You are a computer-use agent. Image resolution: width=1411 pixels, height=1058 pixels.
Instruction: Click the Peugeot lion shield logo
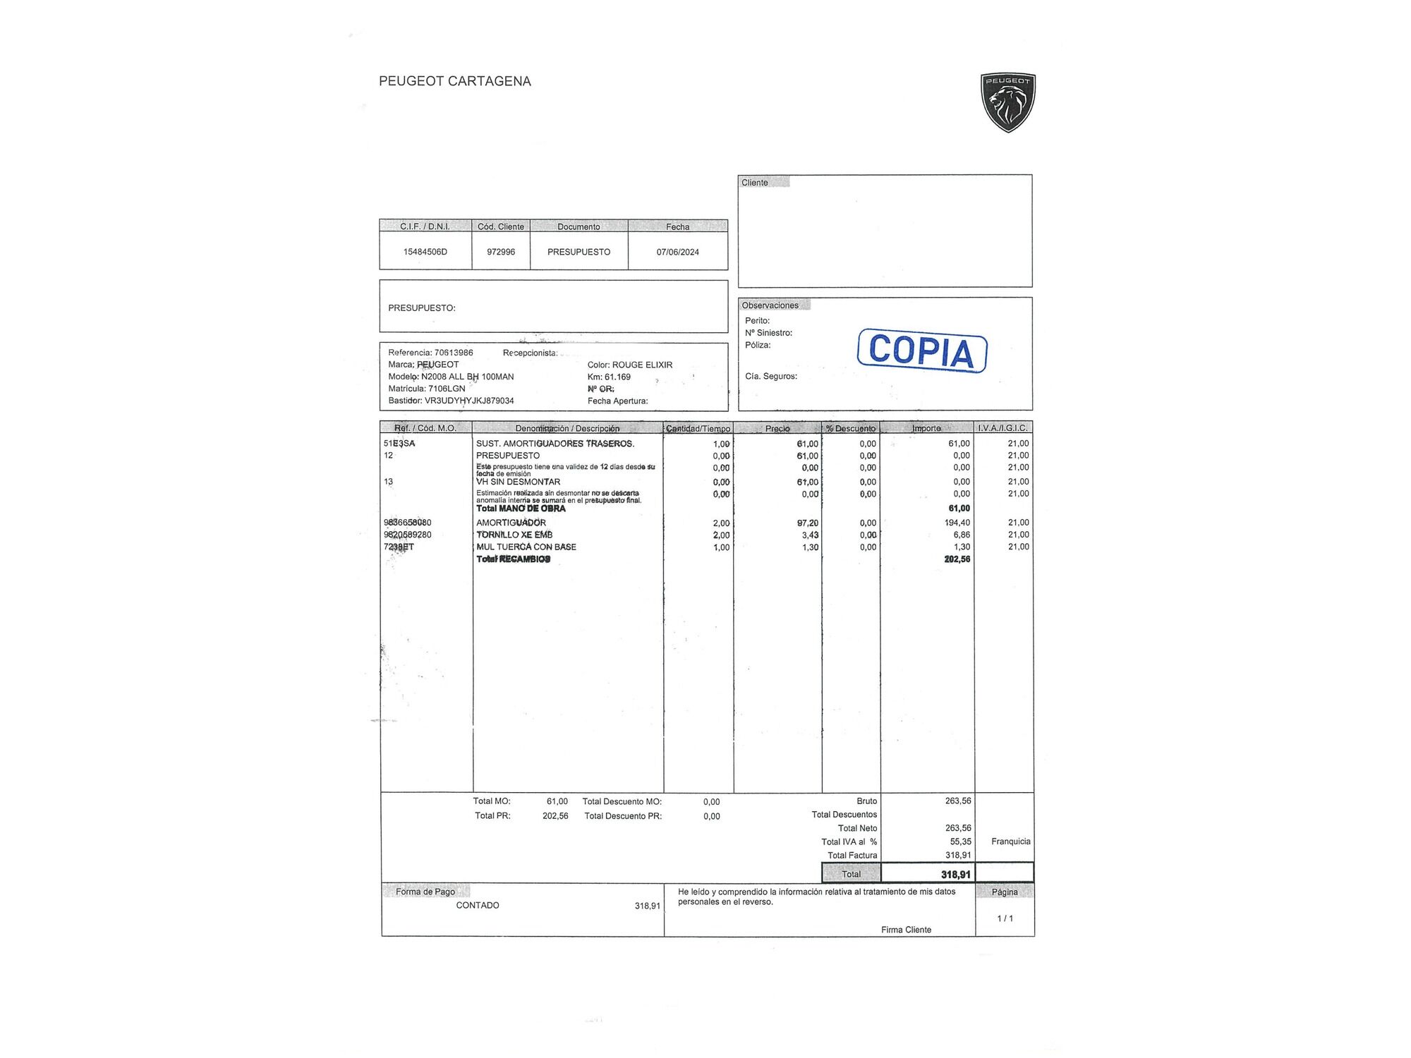1007,102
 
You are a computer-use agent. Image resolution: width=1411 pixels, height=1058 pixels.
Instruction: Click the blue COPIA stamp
922,351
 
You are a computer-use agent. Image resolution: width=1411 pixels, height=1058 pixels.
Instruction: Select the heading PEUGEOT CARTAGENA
454,81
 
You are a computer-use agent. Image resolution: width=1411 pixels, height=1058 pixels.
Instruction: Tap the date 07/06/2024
677,252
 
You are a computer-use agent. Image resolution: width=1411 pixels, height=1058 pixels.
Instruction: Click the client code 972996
501,252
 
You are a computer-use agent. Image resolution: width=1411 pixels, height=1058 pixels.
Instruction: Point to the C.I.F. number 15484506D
425,252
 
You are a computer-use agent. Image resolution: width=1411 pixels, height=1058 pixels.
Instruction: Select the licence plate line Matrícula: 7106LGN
427,389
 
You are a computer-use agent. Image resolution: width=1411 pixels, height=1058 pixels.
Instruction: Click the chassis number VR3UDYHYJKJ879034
469,401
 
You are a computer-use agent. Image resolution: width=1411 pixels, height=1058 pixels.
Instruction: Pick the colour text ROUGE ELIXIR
642,365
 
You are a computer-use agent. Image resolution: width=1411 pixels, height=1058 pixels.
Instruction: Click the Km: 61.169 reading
609,377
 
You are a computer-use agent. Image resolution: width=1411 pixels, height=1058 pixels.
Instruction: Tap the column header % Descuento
851,428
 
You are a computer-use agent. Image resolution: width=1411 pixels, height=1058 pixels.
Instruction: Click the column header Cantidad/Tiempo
698,428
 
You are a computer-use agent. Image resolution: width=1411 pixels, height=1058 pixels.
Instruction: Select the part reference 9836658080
407,523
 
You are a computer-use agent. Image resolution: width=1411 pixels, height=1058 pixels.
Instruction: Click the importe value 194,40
957,523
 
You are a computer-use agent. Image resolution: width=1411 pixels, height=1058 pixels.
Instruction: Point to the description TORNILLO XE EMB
514,535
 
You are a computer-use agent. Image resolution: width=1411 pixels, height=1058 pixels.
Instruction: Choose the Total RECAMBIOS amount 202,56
957,559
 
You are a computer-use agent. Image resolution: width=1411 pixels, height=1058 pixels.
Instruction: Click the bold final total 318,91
956,875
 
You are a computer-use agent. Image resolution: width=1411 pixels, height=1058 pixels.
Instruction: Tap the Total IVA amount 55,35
960,841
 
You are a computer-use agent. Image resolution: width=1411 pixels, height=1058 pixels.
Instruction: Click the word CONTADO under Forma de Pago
478,906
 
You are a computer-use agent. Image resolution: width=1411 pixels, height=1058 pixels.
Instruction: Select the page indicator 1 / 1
1005,918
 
